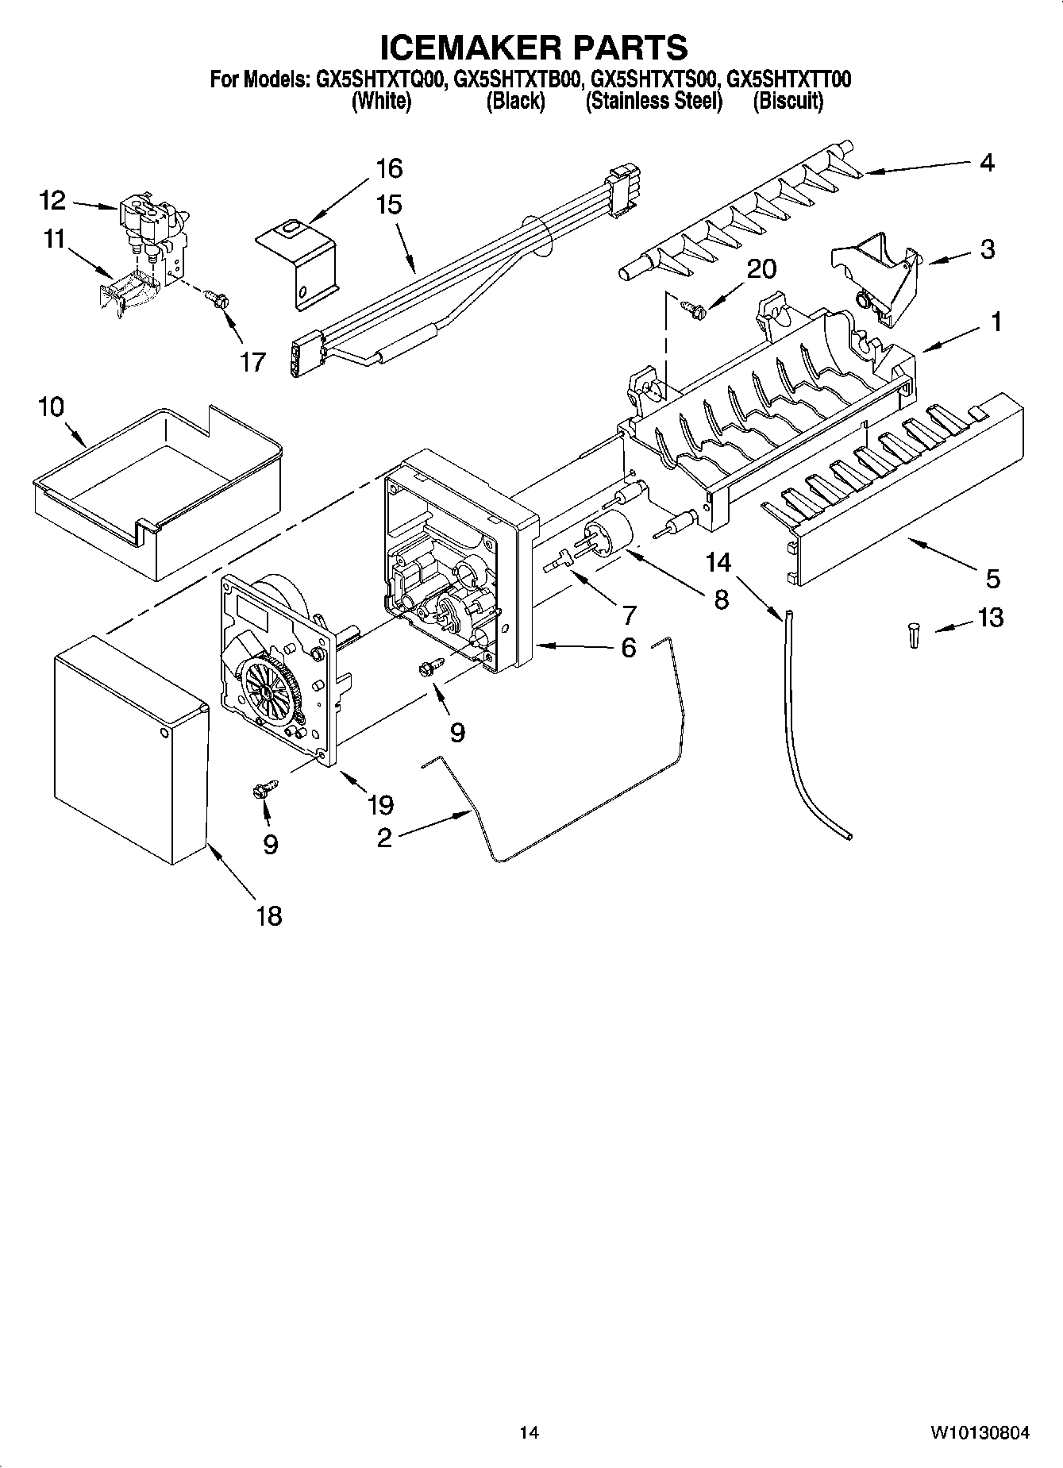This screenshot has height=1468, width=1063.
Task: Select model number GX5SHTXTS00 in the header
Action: tap(656, 80)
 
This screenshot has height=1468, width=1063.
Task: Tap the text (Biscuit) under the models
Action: tap(788, 102)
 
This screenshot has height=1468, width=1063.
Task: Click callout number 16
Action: tap(389, 168)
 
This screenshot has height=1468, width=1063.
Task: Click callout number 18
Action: tap(269, 915)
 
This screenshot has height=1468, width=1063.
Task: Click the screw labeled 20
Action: tap(691, 309)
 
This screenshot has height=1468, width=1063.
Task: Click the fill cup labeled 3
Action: tap(873, 274)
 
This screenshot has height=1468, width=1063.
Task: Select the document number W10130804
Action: tap(980, 1433)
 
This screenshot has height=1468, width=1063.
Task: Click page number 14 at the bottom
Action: tap(529, 1433)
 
